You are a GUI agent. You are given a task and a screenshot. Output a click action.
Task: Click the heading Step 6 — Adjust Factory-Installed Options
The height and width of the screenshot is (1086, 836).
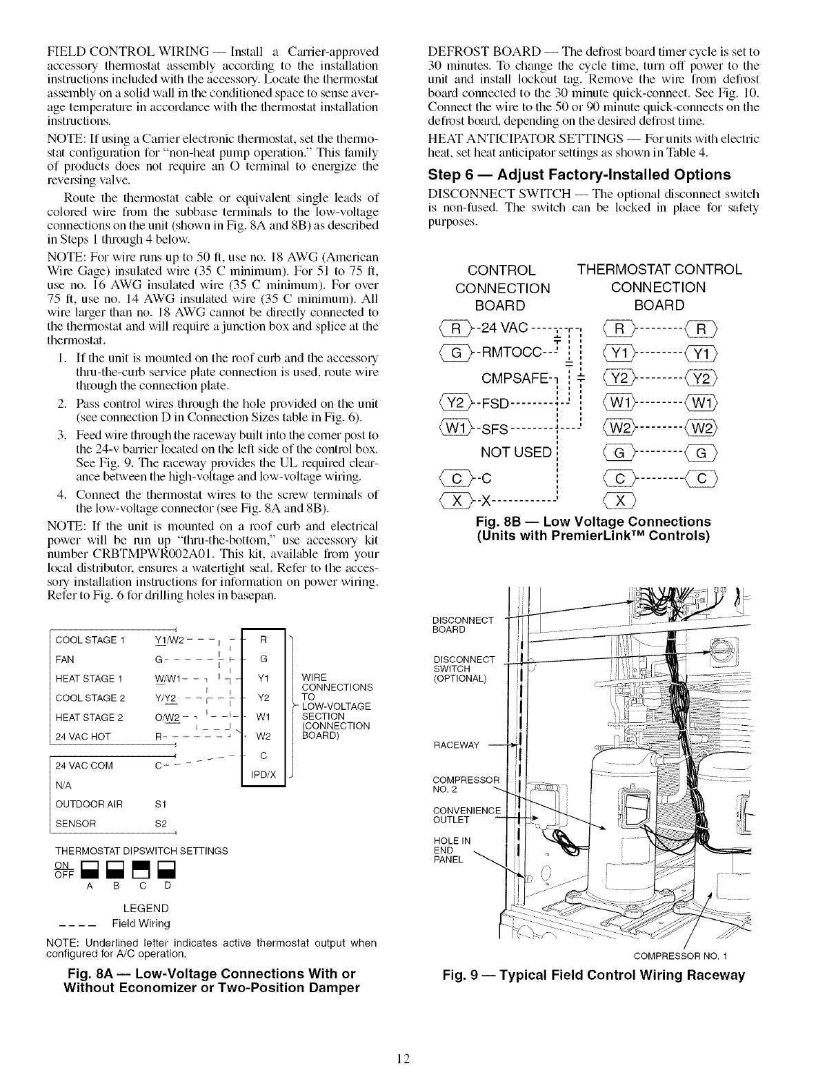pos(579,174)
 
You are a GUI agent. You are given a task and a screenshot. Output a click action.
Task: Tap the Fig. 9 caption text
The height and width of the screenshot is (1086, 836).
pos(593,975)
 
